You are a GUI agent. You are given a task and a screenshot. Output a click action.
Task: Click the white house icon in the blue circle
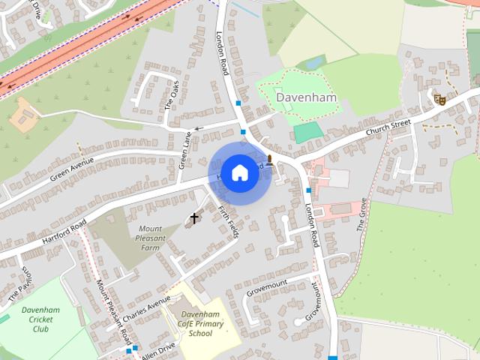[x=238, y=172]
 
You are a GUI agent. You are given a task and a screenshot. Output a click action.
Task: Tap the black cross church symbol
[x=194, y=219]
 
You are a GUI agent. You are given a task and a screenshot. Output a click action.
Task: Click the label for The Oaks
[x=172, y=95]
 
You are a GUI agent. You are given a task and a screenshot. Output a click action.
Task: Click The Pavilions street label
[x=22, y=283]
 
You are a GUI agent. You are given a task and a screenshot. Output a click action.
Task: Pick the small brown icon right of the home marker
[x=270, y=158]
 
